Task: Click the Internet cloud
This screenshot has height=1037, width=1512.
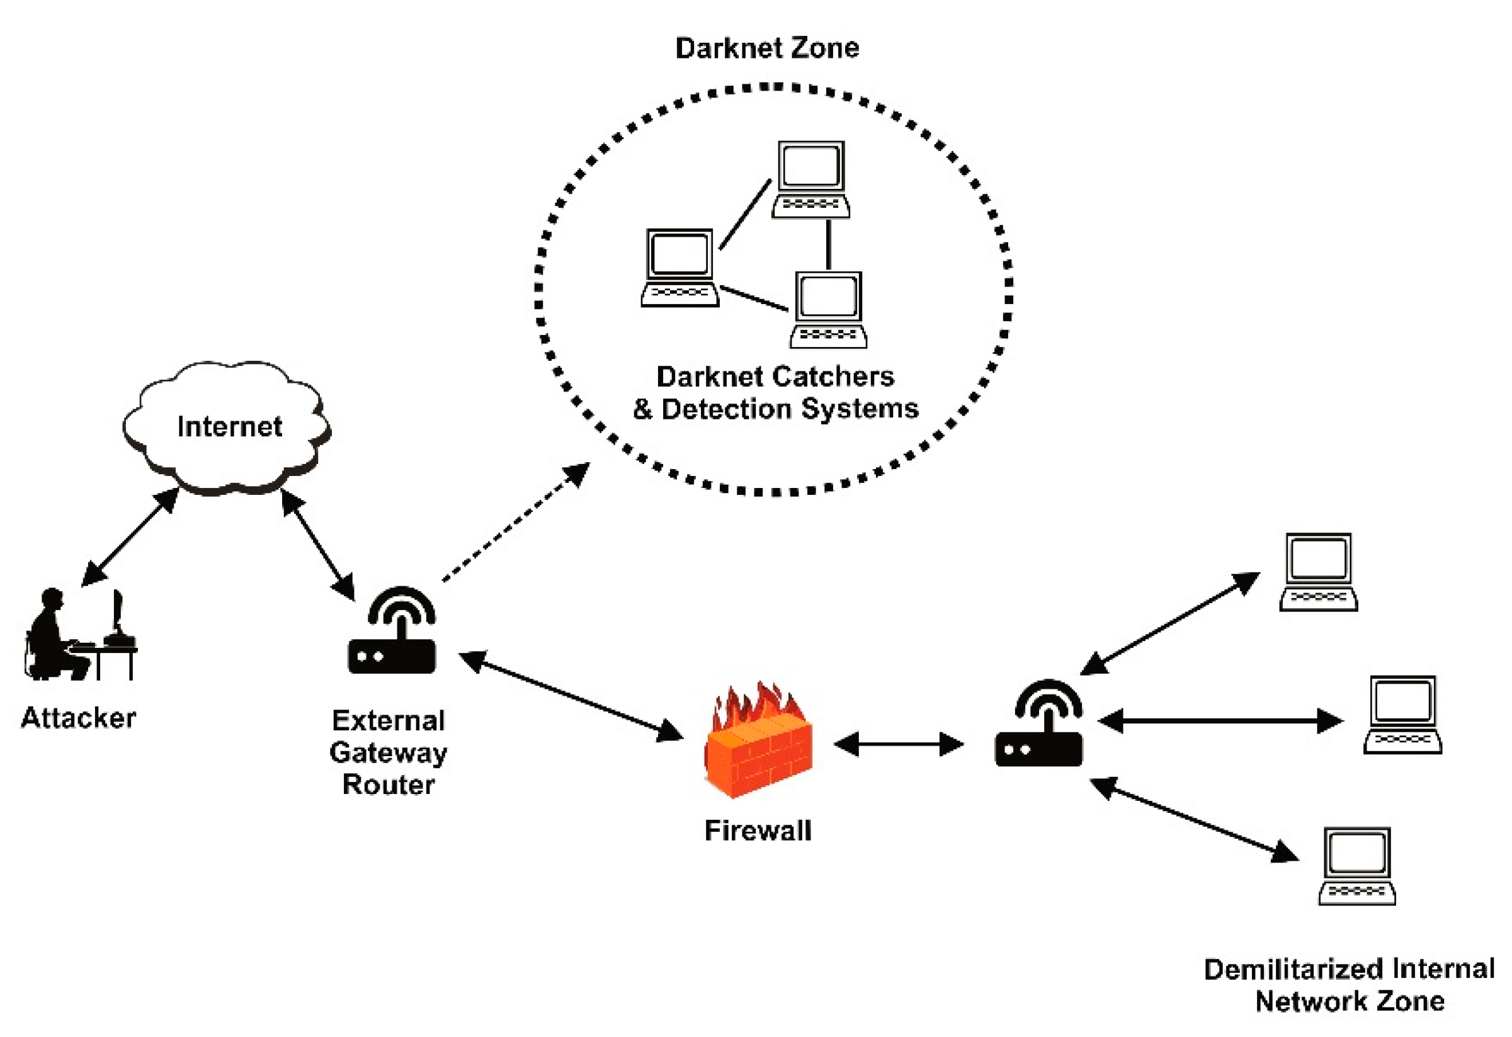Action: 227,427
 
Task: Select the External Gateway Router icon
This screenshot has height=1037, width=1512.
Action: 392,630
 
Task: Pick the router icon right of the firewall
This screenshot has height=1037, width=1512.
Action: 1039,723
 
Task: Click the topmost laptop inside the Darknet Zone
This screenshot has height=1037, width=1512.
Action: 810,179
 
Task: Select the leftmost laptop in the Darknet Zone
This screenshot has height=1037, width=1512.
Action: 680,268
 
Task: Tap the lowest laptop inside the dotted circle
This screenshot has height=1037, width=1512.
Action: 828,310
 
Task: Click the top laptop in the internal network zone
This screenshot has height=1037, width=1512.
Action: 1318,572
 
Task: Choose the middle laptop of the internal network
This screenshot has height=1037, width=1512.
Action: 1402,715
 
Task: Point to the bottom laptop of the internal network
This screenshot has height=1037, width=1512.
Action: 1357,866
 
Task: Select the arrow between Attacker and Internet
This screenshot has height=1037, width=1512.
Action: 130,536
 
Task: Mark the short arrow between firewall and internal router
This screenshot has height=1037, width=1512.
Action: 899,744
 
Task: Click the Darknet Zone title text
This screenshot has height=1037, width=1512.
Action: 767,48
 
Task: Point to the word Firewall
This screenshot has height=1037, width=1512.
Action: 758,830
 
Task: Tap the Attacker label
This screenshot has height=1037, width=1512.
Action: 79,718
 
